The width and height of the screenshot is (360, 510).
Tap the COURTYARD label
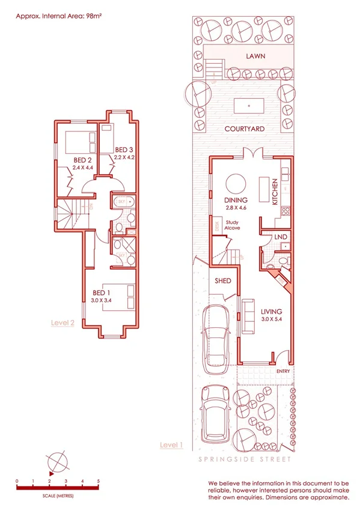click(x=245, y=129)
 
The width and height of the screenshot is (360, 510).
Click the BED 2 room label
click(x=82, y=160)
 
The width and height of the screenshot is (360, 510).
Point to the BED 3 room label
click(x=124, y=150)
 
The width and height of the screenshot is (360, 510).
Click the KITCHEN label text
click(x=275, y=192)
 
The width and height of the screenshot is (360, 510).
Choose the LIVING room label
click(x=272, y=312)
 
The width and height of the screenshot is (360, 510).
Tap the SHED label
click(x=223, y=281)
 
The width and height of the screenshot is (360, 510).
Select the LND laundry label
click(x=280, y=238)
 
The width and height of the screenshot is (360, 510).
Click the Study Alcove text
click(x=232, y=226)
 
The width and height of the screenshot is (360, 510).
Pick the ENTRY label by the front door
click(x=284, y=371)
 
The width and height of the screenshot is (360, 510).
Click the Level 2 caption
click(x=63, y=322)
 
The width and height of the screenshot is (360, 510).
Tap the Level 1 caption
click(x=171, y=444)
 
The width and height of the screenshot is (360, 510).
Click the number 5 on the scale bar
click(x=98, y=481)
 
